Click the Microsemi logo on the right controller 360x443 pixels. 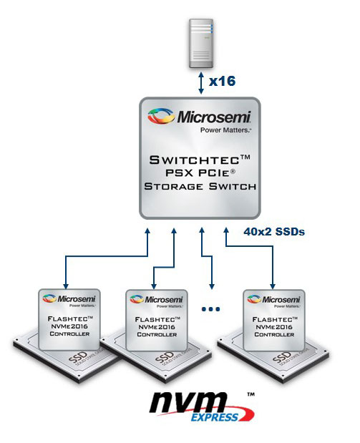point(273,298)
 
